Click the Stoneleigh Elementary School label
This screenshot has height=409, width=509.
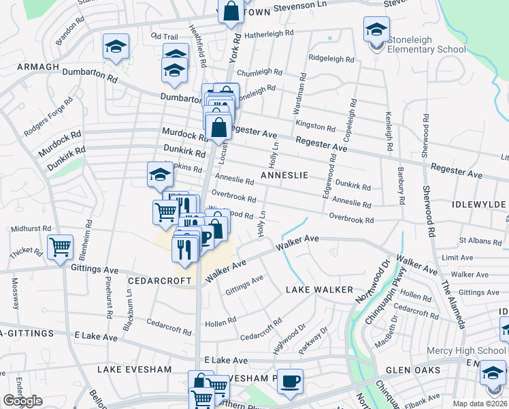pyautogui.click(x=427, y=44)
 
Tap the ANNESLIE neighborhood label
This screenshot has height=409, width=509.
pyautogui.click(x=284, y=175)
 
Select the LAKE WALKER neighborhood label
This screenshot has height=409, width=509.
pyautogui.click(x=319, y=290)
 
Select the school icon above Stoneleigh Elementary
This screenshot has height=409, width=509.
pyautogui.click(x=376, y=29)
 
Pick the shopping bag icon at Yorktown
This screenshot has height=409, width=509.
pyautogui.click(x=231, y=11)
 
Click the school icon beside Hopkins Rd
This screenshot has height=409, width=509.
pyautogui.click(x=160, y=175)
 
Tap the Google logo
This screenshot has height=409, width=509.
pyautogui.click(x=22, y=401)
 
